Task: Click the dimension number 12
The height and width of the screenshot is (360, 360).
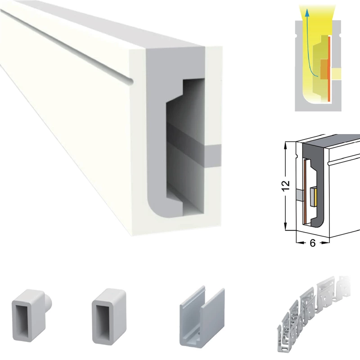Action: (x=286, y=186)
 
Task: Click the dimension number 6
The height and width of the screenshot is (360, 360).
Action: (x=312, y=243)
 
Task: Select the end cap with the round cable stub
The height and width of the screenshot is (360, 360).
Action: (x=31, y=315)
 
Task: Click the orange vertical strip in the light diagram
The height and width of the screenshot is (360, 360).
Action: (x=329, y=68)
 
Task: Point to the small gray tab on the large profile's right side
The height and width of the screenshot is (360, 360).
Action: (x=212, y=156)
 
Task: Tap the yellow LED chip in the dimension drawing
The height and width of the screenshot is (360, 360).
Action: (x=313, y=197)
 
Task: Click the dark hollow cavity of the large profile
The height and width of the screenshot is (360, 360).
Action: (x=185, y=147)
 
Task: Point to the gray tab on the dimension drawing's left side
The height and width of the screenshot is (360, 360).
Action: (x=300, y=195)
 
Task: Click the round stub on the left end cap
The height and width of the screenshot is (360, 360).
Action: (x=49, y=302)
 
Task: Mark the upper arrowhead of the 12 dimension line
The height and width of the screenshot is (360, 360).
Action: (x=286, y=144)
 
